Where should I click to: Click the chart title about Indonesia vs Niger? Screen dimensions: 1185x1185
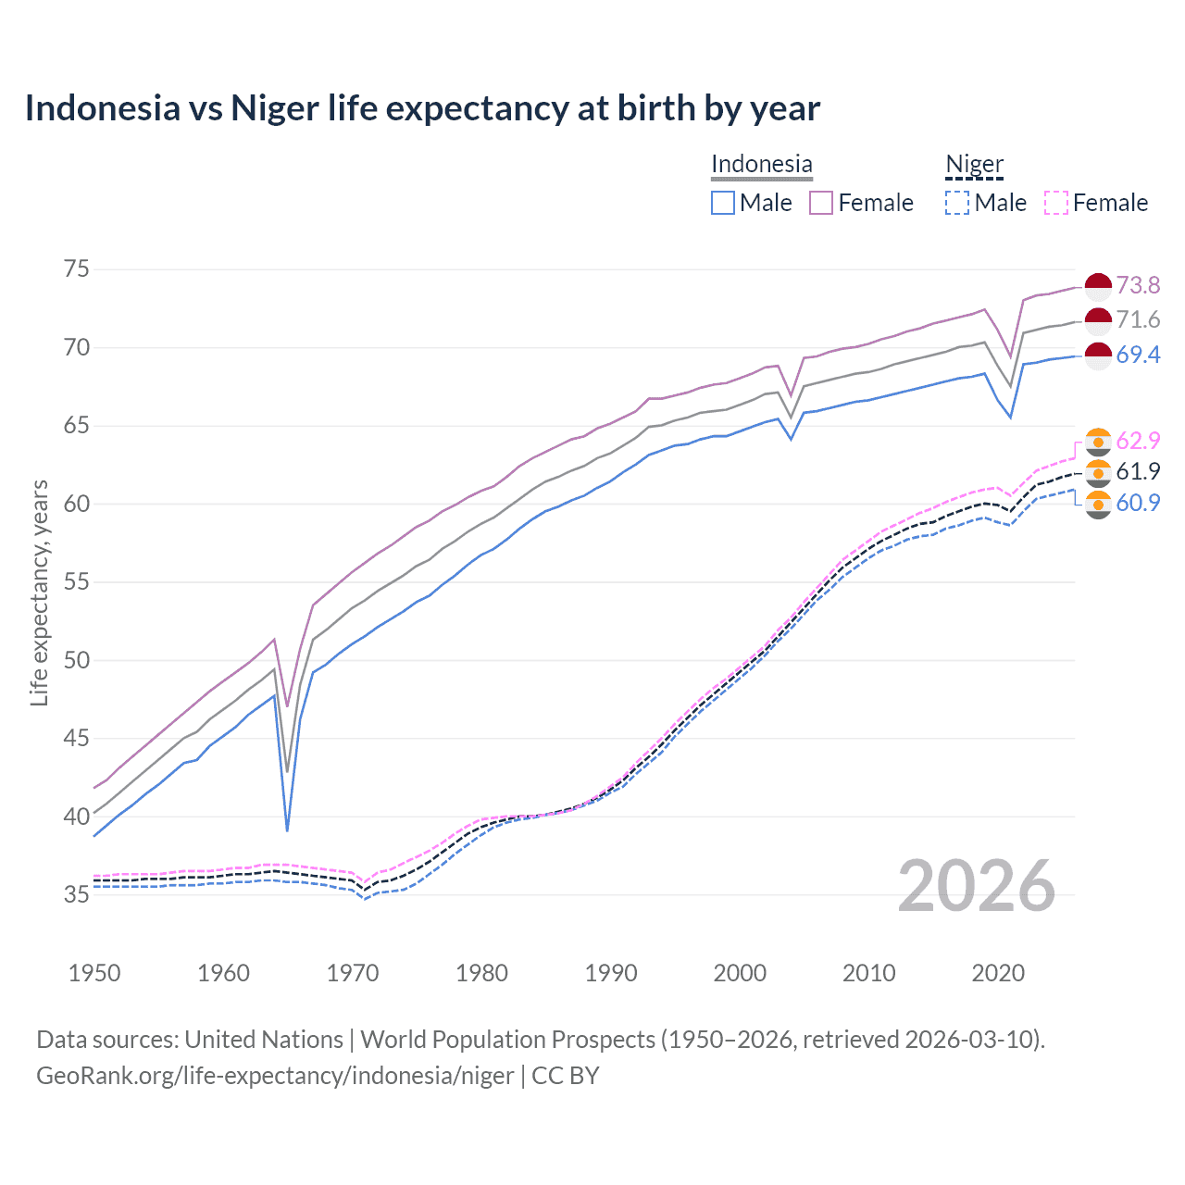[x=422, y=108]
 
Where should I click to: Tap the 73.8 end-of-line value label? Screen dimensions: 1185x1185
[x=1138, y=285]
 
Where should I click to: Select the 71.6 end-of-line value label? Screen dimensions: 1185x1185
[x=1138, y=319]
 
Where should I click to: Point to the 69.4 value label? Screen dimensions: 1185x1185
[x=1138, y=355]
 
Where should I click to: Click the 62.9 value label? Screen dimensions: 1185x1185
[x=1138, y=441]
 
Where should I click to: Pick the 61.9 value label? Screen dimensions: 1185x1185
[x=1138, y=471]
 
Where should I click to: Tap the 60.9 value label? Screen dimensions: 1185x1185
[x=1138, y=503]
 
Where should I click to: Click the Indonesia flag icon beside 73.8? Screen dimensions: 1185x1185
[x=1098, y=286]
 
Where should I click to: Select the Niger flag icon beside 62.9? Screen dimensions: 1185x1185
[x=1098, y=442]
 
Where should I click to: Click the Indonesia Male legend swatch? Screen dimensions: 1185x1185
[x=723, y=203]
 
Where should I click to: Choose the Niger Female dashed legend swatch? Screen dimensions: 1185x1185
[x=1056, y=203]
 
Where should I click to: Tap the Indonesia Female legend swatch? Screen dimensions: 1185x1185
[x=821, y=203]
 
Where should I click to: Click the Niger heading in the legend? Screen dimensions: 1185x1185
[x=974, y=165]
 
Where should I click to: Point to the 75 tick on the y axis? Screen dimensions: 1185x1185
[x=77, y=269]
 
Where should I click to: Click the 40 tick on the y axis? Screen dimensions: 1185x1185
[x=77, y=817]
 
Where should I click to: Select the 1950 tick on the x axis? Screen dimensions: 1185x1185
[x=94, y=973]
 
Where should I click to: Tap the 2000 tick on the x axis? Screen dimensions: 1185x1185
[x=740, y=973]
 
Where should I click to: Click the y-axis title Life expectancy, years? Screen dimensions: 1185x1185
[x=39, y=592]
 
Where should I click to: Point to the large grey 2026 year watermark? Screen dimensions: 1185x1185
[x=977, y=886]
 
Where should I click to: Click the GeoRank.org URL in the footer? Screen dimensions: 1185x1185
[x=275, y=1076]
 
